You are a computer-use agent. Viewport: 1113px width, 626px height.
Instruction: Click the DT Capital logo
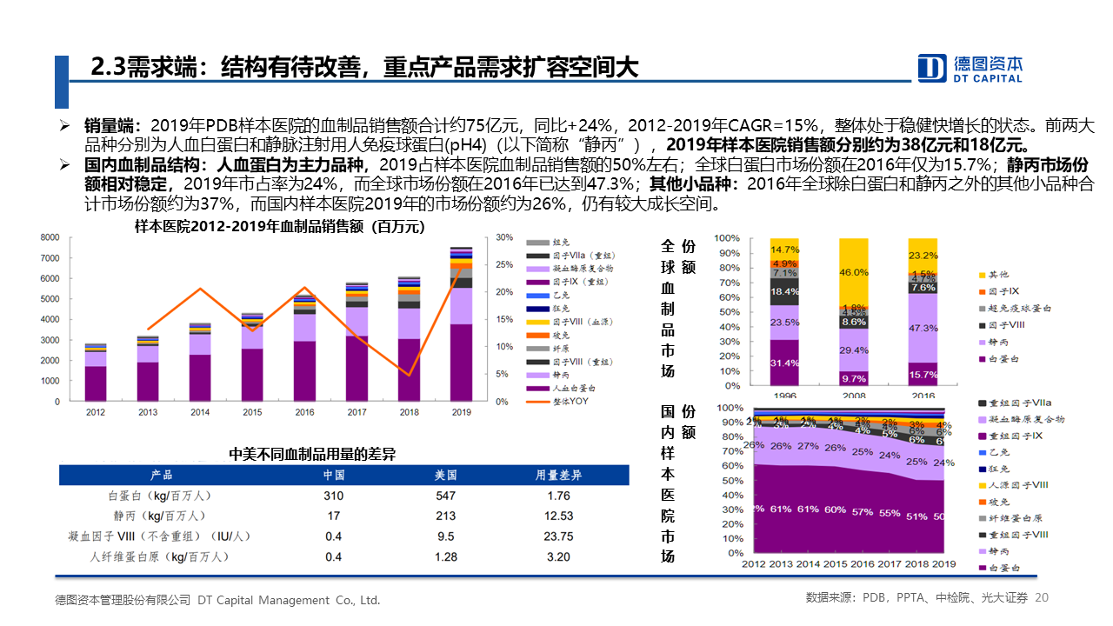970,68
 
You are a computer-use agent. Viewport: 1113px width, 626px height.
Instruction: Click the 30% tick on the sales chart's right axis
503,237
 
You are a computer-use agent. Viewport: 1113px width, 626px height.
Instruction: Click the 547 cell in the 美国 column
446,496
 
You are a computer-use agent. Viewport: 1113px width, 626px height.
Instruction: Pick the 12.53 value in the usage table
559,516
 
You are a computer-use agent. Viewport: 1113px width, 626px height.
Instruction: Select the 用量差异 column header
558,475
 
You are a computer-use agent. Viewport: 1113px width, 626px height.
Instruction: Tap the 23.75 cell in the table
559,536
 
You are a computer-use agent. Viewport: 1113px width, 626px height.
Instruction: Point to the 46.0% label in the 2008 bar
854,272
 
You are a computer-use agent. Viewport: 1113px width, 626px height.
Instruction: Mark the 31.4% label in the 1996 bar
784,363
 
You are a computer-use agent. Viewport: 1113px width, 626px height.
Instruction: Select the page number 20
1043,598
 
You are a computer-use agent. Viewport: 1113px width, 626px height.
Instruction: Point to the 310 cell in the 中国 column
333,496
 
